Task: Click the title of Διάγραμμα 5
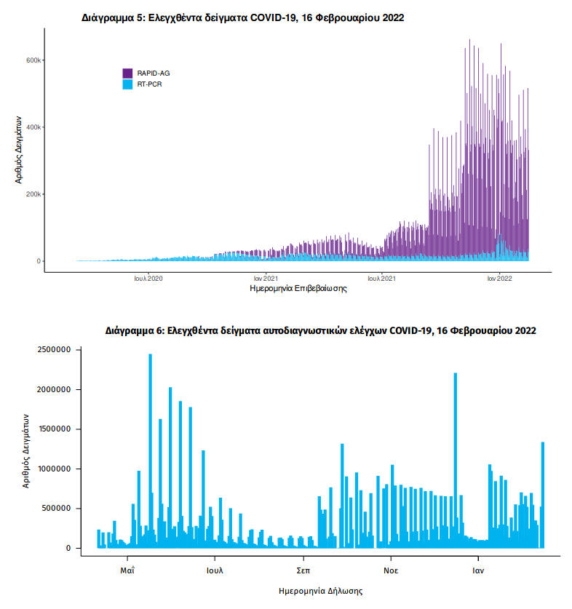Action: pos(242,17)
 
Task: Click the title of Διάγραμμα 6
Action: pos(320,330)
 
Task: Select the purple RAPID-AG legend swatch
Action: pos(127,73)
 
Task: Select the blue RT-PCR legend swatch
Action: pos(127,84)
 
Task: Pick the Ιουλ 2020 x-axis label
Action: pos(148,278)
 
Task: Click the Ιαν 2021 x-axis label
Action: pos(265,278)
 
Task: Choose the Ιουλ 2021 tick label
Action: pos(381,278)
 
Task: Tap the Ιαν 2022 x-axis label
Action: pos(499,278)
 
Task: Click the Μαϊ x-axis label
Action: pos(128,570)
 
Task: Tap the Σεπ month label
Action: pos(303,570)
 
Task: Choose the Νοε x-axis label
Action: pos(391,570)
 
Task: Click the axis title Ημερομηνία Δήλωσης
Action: pos(321,591)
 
